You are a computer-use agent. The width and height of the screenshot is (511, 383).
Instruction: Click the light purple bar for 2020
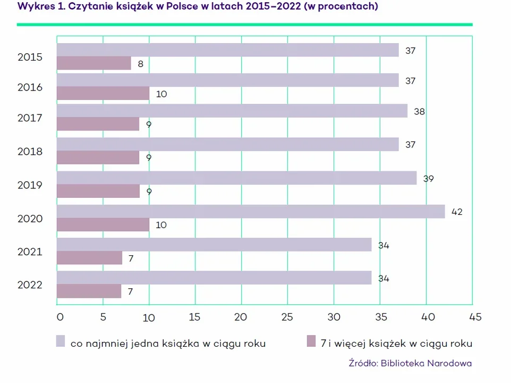[x=251, y=212]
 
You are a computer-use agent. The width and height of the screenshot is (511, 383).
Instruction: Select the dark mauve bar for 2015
[x=94, y=63]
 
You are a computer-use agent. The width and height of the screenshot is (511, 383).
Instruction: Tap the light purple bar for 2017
[x=232, y=111]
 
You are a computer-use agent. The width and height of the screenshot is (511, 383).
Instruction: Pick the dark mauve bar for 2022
[x=89, y=291]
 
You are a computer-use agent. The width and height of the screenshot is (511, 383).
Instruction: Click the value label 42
[x=457, y=212]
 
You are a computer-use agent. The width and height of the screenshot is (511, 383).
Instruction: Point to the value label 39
[x=429, y=179]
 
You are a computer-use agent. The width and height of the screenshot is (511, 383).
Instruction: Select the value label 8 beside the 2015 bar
[x=140, y=64]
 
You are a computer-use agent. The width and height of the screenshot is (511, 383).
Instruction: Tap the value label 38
[x=420, y=112]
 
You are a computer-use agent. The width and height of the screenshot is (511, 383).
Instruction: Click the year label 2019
[x=30, y=185]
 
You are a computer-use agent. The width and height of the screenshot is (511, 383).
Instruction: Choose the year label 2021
[x=30, y=252]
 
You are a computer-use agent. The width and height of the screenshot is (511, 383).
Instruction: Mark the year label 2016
[x=30, y=88]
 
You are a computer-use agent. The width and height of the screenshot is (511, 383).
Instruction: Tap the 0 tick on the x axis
[x=59, y=317]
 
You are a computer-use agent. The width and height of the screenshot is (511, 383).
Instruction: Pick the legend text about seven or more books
[x=396, y=344]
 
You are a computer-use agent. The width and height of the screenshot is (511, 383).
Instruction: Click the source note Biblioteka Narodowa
[x=410, y=363]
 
